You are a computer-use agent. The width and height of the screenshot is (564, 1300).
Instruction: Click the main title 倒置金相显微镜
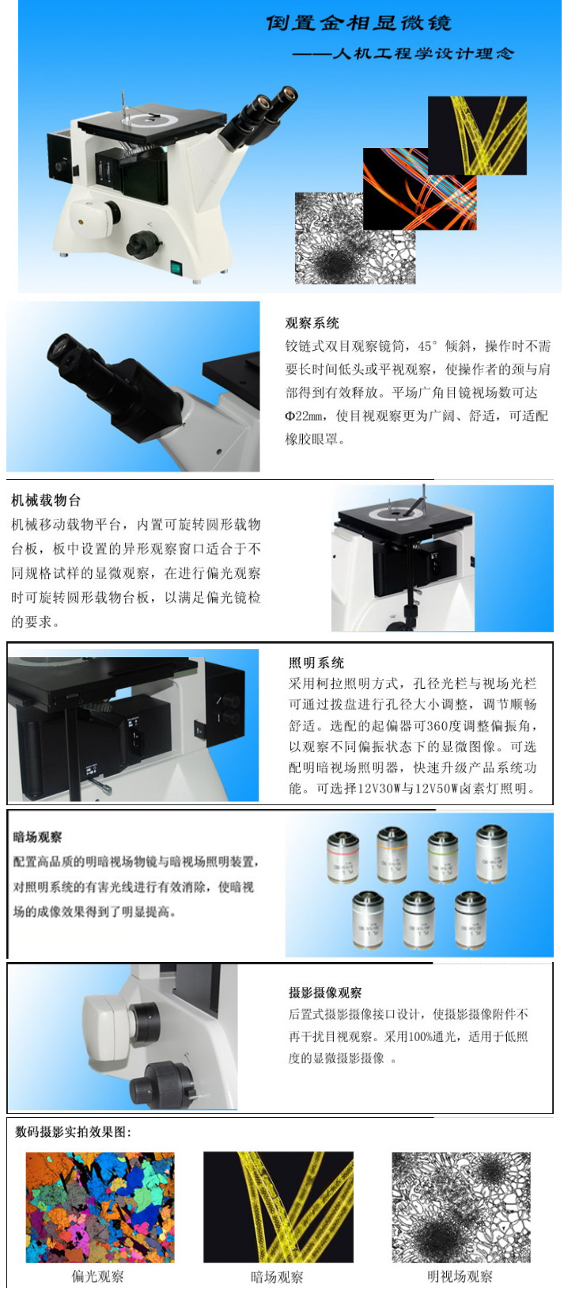tap(359, 23)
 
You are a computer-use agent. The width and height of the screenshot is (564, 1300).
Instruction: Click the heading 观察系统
tap(312, 323)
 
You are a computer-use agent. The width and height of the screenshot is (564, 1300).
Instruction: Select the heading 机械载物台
tap(46, 500)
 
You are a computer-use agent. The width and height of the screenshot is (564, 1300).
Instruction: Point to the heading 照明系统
tap(316, 663)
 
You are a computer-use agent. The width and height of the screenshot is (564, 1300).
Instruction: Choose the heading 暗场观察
tap(37, 837)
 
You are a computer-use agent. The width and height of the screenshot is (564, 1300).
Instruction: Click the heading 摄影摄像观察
tap(325, 992)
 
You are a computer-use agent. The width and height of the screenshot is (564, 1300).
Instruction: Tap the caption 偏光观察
tap(97, 1276)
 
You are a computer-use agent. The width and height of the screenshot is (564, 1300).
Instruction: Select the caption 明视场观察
tap(460, 1276)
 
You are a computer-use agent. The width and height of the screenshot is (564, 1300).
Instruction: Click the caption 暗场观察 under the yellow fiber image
tap(277, 1277)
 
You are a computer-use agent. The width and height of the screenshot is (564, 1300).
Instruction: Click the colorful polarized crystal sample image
tap(100, 1207)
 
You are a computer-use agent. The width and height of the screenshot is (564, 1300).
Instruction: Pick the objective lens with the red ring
tap(343, 857)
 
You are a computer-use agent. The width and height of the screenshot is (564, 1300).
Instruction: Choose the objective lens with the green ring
tap(443, 857)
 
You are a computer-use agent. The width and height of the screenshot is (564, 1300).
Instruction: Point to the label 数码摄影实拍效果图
tap(73, 1131)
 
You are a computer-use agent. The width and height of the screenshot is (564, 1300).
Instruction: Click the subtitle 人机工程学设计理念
tap(423, 53)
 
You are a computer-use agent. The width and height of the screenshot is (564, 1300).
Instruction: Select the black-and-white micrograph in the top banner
tap(354, 238)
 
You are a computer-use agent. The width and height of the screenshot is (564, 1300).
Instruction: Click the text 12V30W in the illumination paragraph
tap(379, 789)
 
